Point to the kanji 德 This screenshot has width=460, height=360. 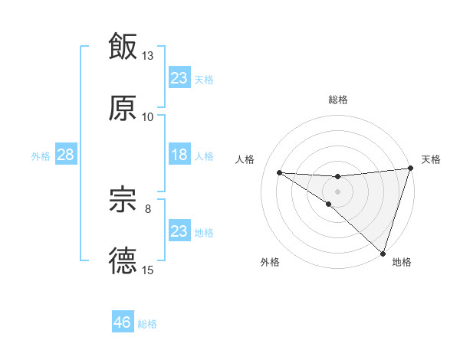coord(123,261)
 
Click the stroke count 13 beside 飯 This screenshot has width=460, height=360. coord(148,56)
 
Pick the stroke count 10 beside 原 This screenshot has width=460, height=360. coord(148,117)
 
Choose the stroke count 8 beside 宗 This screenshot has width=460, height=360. coord(148,208)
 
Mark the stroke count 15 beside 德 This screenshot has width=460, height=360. coord(148,270)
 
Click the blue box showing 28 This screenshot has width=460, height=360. coord(65,155)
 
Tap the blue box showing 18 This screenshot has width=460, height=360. coord(179,155)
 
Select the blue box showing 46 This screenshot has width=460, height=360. coord(122,322)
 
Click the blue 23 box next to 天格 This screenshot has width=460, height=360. coord(179,78)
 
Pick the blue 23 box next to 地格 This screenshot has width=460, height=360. coord(179,232)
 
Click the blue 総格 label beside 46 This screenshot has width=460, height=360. coord(147,324)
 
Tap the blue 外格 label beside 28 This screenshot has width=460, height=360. coord(41,156)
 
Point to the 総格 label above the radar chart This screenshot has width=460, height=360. coord(338,100)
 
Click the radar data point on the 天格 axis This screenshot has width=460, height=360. coord(411,169)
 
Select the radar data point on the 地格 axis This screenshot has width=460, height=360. coord(383,253)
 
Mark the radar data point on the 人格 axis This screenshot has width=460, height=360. coord(279,172)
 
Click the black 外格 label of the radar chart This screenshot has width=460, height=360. coord(270,263)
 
